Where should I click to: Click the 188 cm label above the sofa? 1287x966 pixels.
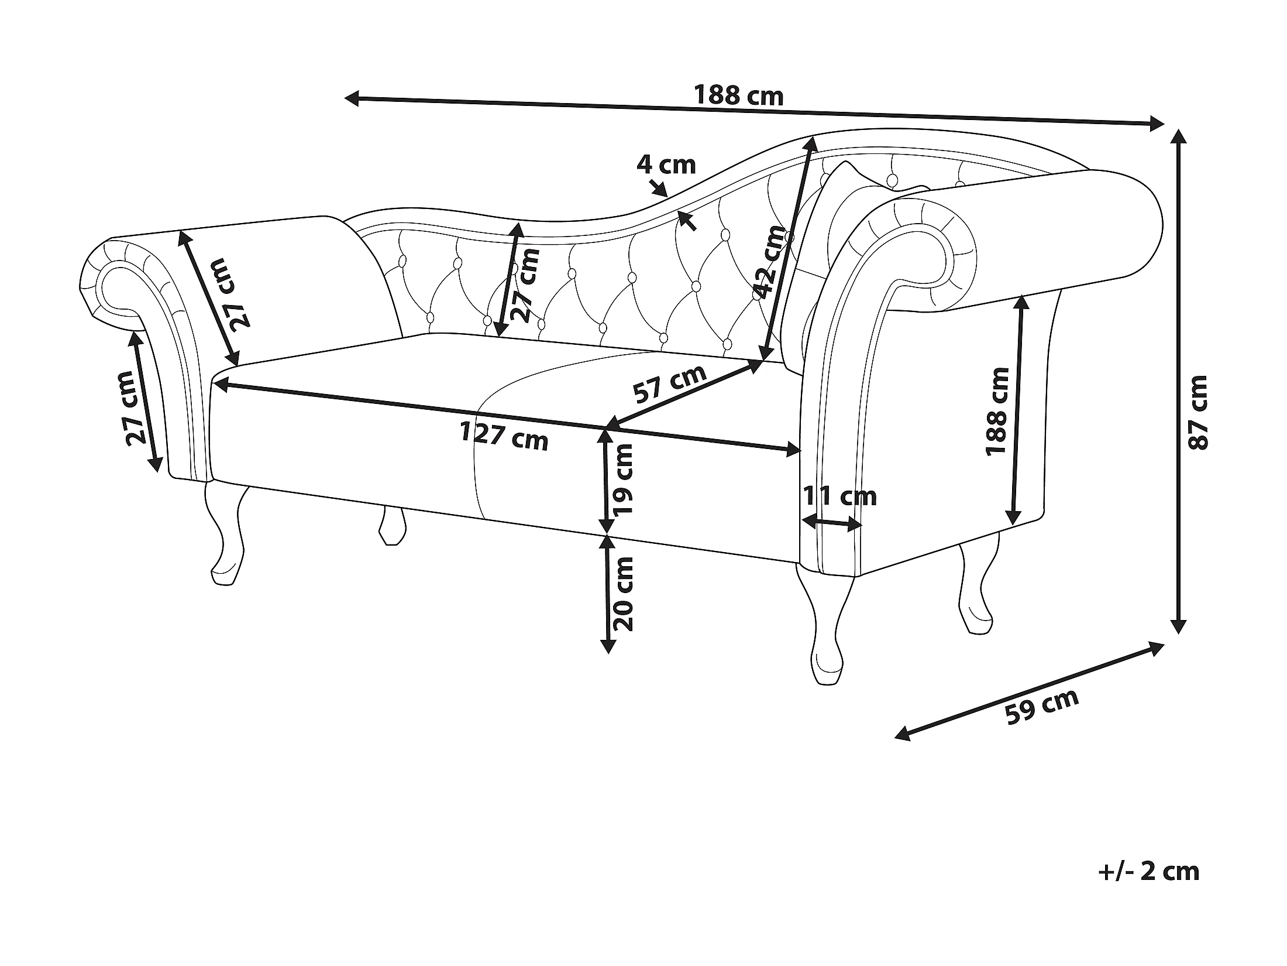[738, 95]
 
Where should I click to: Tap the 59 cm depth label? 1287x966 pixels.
[1041, 707]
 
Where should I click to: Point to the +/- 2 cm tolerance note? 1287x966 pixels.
[1149, 887]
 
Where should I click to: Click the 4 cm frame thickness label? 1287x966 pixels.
[666, 165]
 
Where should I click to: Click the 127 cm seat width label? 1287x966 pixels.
[504, 436]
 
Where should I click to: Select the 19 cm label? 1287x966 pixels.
[622, 479]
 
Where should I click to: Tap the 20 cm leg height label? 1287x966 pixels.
[622, 594]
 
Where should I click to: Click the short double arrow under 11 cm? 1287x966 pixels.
[831, 522]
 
